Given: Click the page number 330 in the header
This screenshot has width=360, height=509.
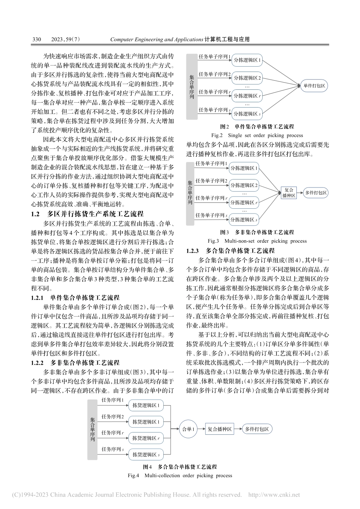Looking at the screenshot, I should [37, 39].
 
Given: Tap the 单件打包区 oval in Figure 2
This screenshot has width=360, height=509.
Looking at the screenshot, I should [314, 86].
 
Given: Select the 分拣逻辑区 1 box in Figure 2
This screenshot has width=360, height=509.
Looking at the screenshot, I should [247, 60].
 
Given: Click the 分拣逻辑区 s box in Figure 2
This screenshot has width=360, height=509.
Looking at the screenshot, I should [247, 114].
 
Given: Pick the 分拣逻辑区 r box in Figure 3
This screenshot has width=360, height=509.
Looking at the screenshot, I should [244, 203].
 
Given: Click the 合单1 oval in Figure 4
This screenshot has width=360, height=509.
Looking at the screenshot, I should [188, 429].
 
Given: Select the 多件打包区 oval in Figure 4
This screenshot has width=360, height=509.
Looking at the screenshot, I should [257, 429].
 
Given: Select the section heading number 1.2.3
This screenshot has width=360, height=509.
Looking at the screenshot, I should [193, 250].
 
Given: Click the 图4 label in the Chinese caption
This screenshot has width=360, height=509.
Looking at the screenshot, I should [147, 467].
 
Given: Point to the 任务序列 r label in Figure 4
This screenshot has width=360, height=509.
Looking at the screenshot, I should [113, 432].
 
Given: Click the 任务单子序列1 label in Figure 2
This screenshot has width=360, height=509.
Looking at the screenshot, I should [215, 56].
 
